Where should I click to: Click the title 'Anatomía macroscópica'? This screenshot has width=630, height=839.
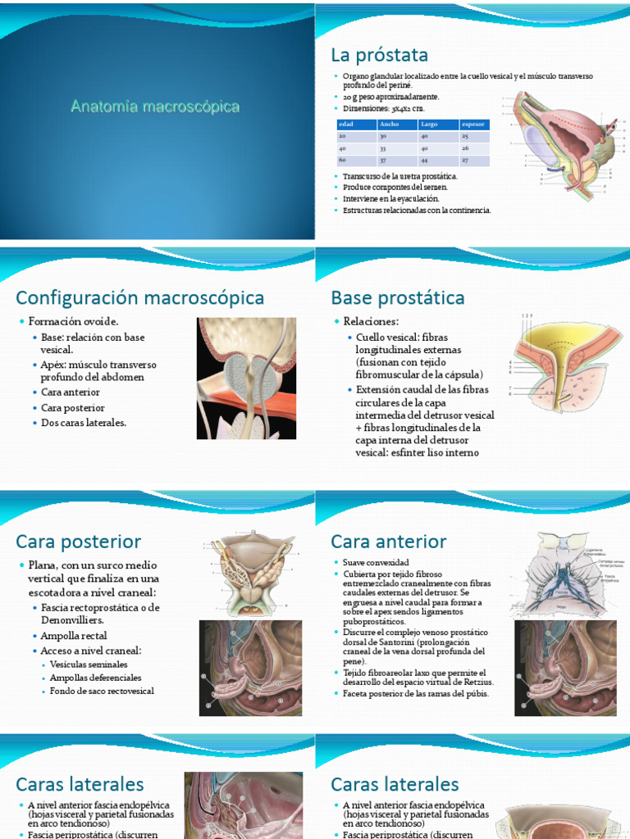coord(155,107)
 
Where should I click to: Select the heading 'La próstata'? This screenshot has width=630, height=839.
coord(379,55)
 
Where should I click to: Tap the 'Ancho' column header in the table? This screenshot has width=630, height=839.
coord(389,125)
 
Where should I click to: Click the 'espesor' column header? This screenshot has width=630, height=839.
coord(474,125)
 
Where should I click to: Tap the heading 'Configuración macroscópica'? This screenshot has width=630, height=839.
coord(139,297)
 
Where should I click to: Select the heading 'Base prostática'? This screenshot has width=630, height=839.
coord(397,297)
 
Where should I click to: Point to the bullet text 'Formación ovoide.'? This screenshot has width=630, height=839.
coord(73,321)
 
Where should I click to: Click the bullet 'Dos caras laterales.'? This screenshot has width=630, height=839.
coord(84,423)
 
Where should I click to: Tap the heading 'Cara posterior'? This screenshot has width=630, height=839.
coord(78,542)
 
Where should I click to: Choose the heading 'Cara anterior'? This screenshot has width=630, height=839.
coord(388,542)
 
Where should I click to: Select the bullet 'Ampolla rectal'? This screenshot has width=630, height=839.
coord(74,636)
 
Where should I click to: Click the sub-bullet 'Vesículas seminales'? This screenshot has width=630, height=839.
coord(89,664)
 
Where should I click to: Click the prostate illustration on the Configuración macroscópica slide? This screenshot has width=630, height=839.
coord(246,378)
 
